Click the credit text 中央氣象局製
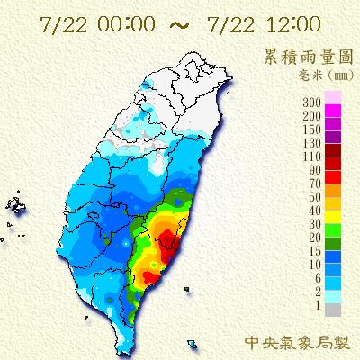point(299,342)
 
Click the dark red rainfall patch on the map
point(166,241)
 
